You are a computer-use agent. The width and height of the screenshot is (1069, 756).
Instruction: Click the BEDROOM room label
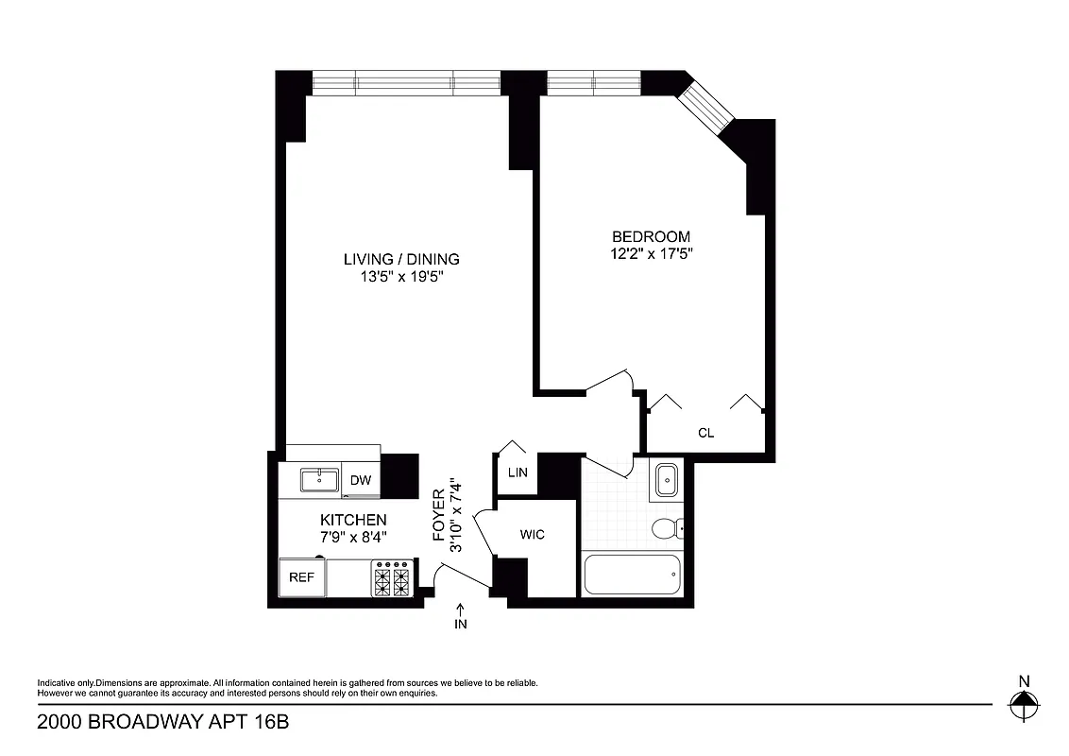[x=651, y=236]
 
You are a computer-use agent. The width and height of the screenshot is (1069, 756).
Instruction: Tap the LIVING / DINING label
[x=401, y=259]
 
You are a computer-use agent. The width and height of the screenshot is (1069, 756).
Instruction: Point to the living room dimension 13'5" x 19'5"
[x=401, y=277]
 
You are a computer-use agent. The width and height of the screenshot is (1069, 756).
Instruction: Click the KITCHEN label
[x=353, y=520]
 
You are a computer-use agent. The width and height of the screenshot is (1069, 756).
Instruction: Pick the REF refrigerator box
[x=301, y=576]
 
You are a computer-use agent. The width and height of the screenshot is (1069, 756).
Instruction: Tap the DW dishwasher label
[x=360, y=481]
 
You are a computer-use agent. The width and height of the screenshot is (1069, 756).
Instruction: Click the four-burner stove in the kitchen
[x=393, y=578]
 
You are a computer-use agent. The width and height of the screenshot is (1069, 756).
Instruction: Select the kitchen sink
[x=320, y=480]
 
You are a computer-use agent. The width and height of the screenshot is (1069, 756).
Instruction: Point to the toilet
[x=668, y=527]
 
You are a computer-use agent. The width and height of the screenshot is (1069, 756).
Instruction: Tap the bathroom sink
[x=668, y=480]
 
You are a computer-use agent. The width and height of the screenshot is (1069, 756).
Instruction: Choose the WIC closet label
[x=533, y=535]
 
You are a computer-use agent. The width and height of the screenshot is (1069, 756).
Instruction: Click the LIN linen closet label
[x=518, y=472]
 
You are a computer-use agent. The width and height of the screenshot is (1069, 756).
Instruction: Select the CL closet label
[x=705, y=433]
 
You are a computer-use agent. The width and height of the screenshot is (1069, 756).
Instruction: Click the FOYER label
[x=438, y=515]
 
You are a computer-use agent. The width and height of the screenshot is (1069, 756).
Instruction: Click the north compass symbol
[x=1023, y=701]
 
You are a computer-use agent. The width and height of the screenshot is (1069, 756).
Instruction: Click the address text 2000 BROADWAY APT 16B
[x=162, y=723]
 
